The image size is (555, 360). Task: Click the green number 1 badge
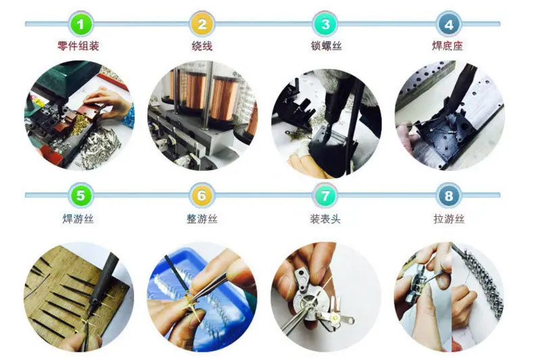(80, 24)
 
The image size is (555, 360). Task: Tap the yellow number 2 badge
(201, 24)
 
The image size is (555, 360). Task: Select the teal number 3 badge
(325, 24)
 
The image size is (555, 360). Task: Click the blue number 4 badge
(449, 24)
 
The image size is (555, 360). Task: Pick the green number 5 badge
(80, 195)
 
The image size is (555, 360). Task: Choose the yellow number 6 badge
(201, 195)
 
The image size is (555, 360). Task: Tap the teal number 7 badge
(325, 195)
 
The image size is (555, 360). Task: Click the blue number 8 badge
(449, 195)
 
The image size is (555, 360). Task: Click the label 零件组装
(78, 46)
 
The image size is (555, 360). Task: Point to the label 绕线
(202, 46)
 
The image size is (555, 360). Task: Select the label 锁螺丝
(327, 46)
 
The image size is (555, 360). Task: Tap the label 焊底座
(448, 46)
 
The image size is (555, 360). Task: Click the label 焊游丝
(78, 219)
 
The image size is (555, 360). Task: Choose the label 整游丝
(202, 219)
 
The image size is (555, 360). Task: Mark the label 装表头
(325, 219)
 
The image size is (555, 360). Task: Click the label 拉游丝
(449, 219)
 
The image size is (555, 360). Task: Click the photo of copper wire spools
(202, 115)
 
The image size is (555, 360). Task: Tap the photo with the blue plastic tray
(202, 297)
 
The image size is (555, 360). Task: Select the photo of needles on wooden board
(79, 297)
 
